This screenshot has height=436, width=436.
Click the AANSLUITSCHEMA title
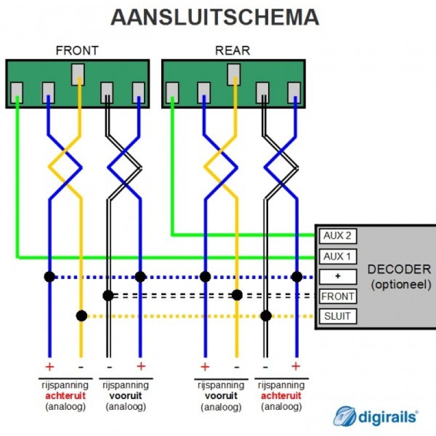[215, 17]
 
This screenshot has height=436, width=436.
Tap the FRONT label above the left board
[77, 51]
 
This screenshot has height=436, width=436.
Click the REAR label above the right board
[233, 51]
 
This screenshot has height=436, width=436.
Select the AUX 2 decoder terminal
[337, 236]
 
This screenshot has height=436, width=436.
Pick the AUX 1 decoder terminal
[337, 256]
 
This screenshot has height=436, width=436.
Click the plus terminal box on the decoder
[337, 277]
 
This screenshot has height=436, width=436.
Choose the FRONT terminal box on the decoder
[337, 296]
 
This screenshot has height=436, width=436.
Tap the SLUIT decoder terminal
[337, 316]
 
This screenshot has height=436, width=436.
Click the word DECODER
[399, 269]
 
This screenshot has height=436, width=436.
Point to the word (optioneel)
[401, 284]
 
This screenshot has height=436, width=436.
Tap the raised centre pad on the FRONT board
[78, 74]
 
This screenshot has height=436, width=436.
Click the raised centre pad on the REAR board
[234, 74]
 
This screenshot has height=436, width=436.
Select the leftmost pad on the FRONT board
[17, 93]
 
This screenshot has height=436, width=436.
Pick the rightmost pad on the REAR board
[294, 93]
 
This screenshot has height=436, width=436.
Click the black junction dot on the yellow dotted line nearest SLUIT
[266, 316]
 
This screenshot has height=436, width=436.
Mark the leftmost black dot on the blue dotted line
[50, 277]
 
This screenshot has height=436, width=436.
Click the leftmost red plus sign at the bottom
[50, 367]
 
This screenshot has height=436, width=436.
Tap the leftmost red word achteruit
[65, 396]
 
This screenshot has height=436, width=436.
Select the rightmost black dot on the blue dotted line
[296, 277]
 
